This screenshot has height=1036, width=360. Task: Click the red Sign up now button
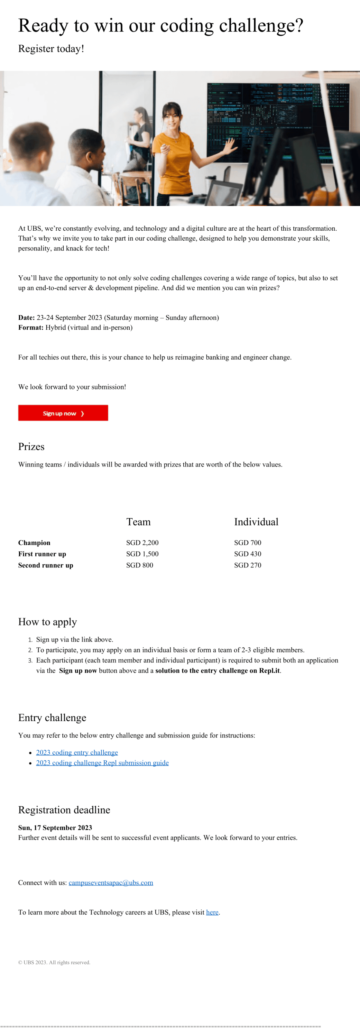click(x=63, y=413)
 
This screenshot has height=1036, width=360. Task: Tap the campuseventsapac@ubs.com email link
click(x=111, y=882)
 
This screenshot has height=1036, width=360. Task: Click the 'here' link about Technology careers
click(x=212, y=912)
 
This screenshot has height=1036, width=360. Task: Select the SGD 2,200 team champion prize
click(x=142, y=543)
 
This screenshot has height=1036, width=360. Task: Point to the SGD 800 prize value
click(x=139, y=565)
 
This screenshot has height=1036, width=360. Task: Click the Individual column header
click(x=256, y=522)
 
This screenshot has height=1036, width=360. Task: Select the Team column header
click(x=138, y=522)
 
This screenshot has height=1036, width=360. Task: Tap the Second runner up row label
click(x=46, y=565)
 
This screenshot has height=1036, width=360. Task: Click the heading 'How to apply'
click(x=47, y=622)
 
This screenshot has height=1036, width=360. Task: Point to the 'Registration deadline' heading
click(x=64, y=810)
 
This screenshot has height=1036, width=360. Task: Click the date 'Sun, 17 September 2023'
click(x=55, y=827)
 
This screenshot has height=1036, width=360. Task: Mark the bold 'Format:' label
click(x=31, y=327)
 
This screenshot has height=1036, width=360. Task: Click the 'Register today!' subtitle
click(x=51, y=49)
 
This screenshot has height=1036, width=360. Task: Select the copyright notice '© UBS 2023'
click(x=54, y=963)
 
